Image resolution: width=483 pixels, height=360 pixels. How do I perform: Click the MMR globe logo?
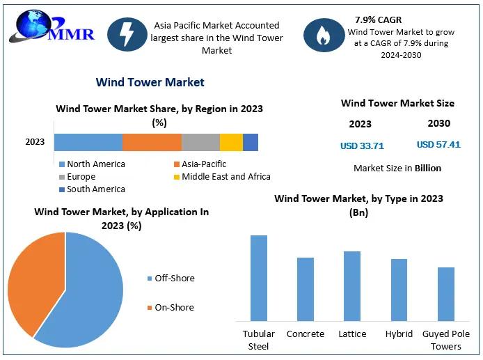coord(52,27)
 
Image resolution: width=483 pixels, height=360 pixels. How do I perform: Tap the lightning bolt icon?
coord(127,34)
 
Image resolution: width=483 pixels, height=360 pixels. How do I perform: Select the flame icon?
coord(324,35)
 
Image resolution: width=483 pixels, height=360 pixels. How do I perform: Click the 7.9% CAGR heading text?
coord(379,19)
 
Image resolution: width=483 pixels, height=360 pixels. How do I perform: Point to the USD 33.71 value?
coord(362,146)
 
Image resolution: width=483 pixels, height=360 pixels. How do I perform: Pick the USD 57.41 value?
coord(438,145)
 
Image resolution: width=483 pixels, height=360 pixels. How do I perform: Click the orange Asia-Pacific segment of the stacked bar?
coord(152,142)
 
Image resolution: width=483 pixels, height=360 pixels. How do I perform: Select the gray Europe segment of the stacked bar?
coord(200,142)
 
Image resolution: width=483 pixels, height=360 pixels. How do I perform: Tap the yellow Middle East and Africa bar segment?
coord(231,142)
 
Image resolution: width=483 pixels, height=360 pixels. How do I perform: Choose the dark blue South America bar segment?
coord(251,142)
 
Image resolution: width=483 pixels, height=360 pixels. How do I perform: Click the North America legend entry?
coord(92,164)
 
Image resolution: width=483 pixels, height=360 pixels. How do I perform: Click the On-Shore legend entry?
coord(171,307)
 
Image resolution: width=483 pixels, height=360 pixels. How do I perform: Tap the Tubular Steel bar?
coord(259,279)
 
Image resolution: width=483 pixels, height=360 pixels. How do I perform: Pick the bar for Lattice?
coord(352,286)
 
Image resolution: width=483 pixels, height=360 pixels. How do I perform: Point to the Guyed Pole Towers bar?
coord(446,295)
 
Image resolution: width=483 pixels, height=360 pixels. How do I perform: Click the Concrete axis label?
coord(306,334)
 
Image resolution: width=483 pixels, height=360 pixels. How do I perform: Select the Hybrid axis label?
coord(399,334)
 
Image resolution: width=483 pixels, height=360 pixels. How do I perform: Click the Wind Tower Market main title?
coord(150,82)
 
